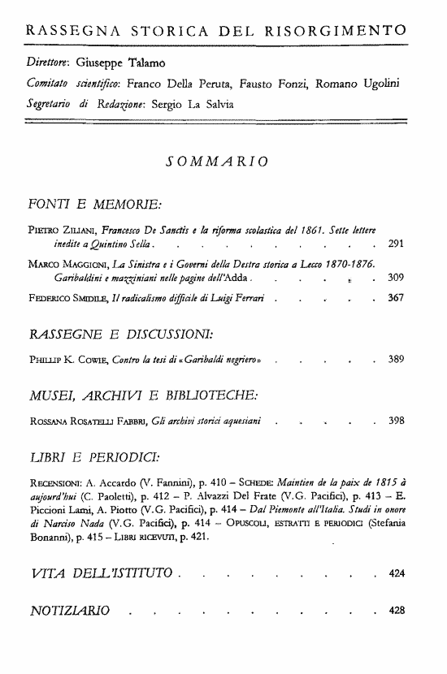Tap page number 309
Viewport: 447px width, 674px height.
pyautogui.click(x=397, y=279)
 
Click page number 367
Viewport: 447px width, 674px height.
pyautogui.click(x=397, y=298)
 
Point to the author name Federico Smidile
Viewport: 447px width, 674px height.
pyautogui.click(x=63, y=298)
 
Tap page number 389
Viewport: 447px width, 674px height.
pyautogui.click(x=397, y=359)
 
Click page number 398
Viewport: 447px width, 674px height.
pyautogui.click(x=397, y=420)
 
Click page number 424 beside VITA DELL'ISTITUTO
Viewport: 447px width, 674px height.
pyautogui.click(x=397, y=574)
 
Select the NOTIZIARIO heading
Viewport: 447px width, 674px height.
pyautogui.click(x=68, y=609)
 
